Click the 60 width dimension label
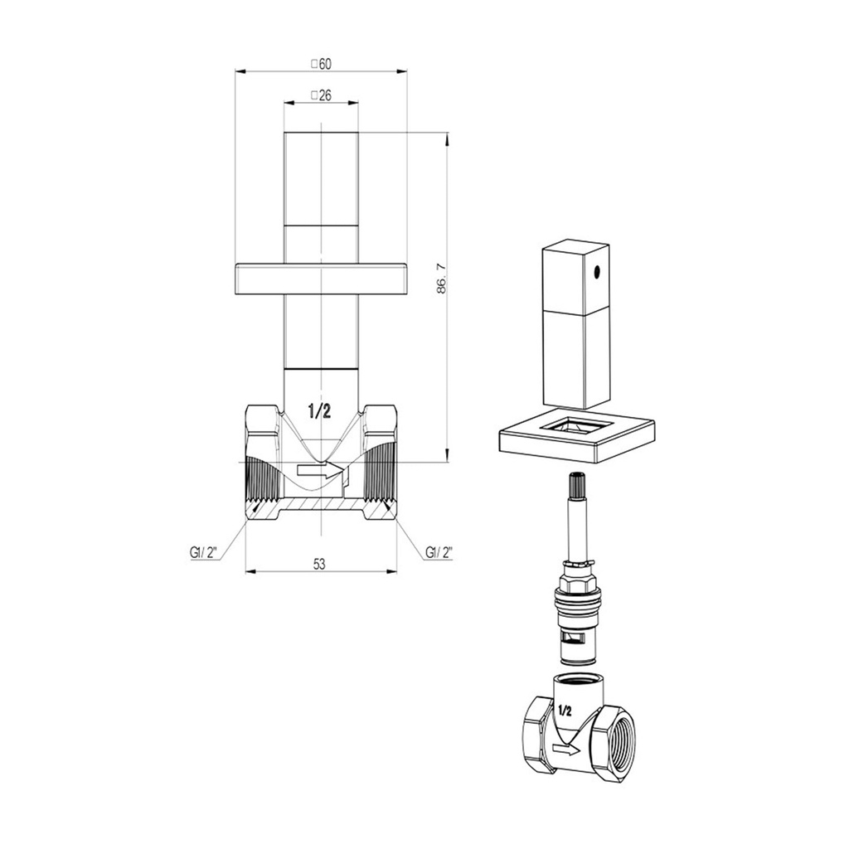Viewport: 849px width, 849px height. [321, 64]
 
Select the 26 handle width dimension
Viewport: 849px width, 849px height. [321, 95]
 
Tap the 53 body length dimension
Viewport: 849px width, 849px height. [319, 564]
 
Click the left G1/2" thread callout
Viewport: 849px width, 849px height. [204, 553]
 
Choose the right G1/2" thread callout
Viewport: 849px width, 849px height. [439, 553]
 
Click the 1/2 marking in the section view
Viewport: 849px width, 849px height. [319, 411]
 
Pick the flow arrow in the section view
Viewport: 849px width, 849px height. [320, 471]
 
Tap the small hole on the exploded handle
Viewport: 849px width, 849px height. [597, 271]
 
